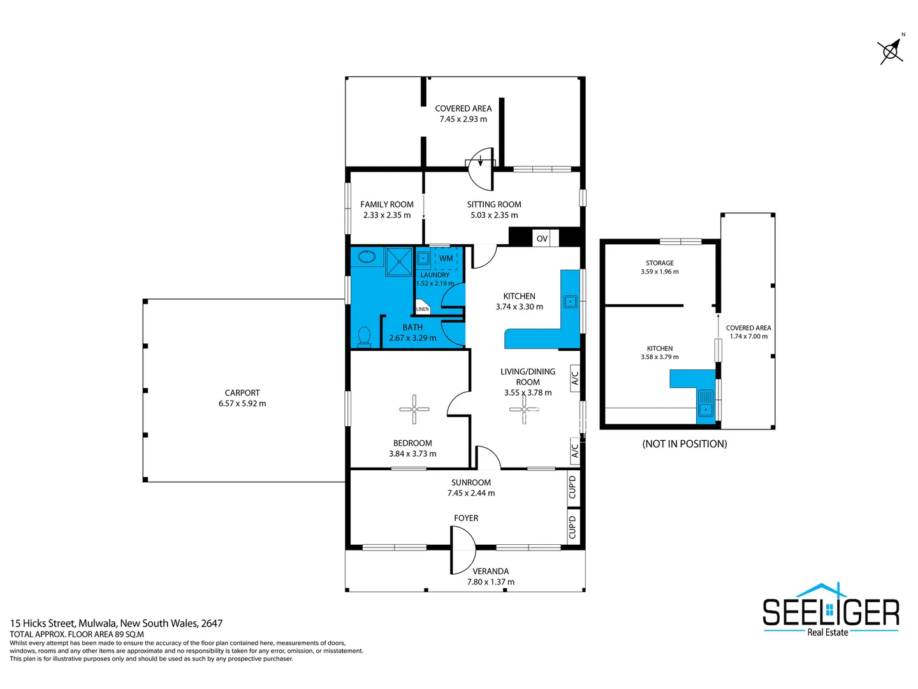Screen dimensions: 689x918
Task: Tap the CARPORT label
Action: point(242,393)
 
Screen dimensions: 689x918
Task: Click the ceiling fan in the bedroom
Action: point(414,409)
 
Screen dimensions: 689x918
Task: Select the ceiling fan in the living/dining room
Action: point(524,409)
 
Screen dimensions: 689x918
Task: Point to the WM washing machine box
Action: point(446,258)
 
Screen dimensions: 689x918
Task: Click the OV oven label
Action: point(542,239)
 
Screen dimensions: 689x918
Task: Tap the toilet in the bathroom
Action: point(365,336)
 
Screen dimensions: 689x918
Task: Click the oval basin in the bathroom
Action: point(367,257)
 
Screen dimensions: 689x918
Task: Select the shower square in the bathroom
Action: point(400,262)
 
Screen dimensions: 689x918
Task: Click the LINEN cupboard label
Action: point(423,309)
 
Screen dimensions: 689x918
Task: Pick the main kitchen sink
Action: point(570,302)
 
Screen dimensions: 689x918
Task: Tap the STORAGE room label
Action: point(659,263)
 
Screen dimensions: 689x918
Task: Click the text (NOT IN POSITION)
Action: point(685,444)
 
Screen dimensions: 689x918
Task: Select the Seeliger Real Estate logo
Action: point(831,611)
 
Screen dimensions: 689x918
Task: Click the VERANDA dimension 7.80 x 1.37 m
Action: point(490,582)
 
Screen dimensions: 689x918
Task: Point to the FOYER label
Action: point(466,518)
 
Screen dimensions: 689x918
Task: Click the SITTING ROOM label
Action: point(494,204)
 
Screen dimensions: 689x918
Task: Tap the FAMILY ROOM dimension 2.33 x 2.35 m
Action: point(387,215)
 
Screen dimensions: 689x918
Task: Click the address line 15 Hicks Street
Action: point(116,623)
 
